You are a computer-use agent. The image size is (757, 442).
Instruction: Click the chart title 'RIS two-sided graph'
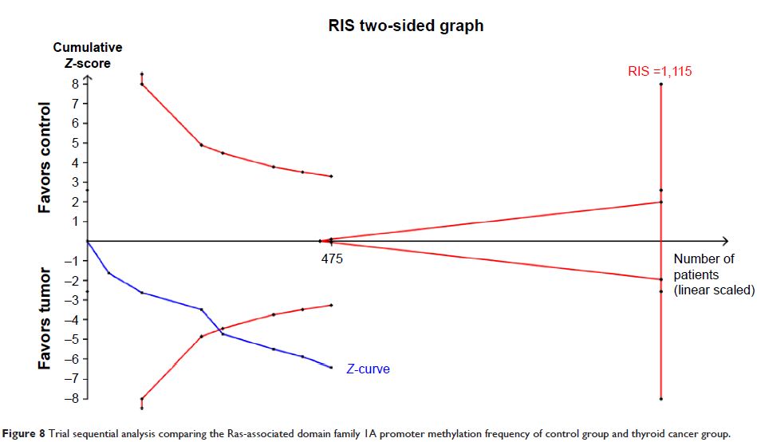[406, 26]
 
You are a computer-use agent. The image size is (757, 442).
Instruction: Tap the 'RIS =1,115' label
[660, 71]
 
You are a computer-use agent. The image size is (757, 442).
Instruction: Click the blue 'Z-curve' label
[368, 369]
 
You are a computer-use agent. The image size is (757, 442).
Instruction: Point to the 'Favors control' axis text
[45, 157]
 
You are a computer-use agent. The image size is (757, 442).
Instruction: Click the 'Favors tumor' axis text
[45, 319]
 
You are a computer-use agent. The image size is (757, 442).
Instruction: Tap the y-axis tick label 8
[74, 84]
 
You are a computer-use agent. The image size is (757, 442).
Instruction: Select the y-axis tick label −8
[72, 399]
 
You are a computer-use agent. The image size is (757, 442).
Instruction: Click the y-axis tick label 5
[74, 143]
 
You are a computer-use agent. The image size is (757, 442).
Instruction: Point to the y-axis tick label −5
[72, 340]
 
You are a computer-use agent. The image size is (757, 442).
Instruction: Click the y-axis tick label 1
[74, 222]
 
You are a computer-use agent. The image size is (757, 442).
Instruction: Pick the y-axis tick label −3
[72, 300]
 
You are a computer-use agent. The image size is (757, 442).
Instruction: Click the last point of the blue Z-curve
[331, 367]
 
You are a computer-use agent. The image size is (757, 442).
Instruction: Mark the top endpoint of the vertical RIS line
[661, 84]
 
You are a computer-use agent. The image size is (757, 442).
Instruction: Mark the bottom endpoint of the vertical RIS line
[661, 399]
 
